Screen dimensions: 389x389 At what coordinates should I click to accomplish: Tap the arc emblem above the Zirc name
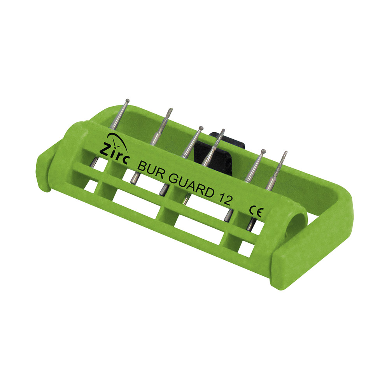pyautogui.click(x=117, y=142)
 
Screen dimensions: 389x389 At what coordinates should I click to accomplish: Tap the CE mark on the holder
pyautogui.click(x=256, y=211)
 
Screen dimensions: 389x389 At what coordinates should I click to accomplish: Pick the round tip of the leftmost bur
pyautogui.click(x=128, y=100)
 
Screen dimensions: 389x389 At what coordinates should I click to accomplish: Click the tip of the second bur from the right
pyautogui.click(x=263, y=151)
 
